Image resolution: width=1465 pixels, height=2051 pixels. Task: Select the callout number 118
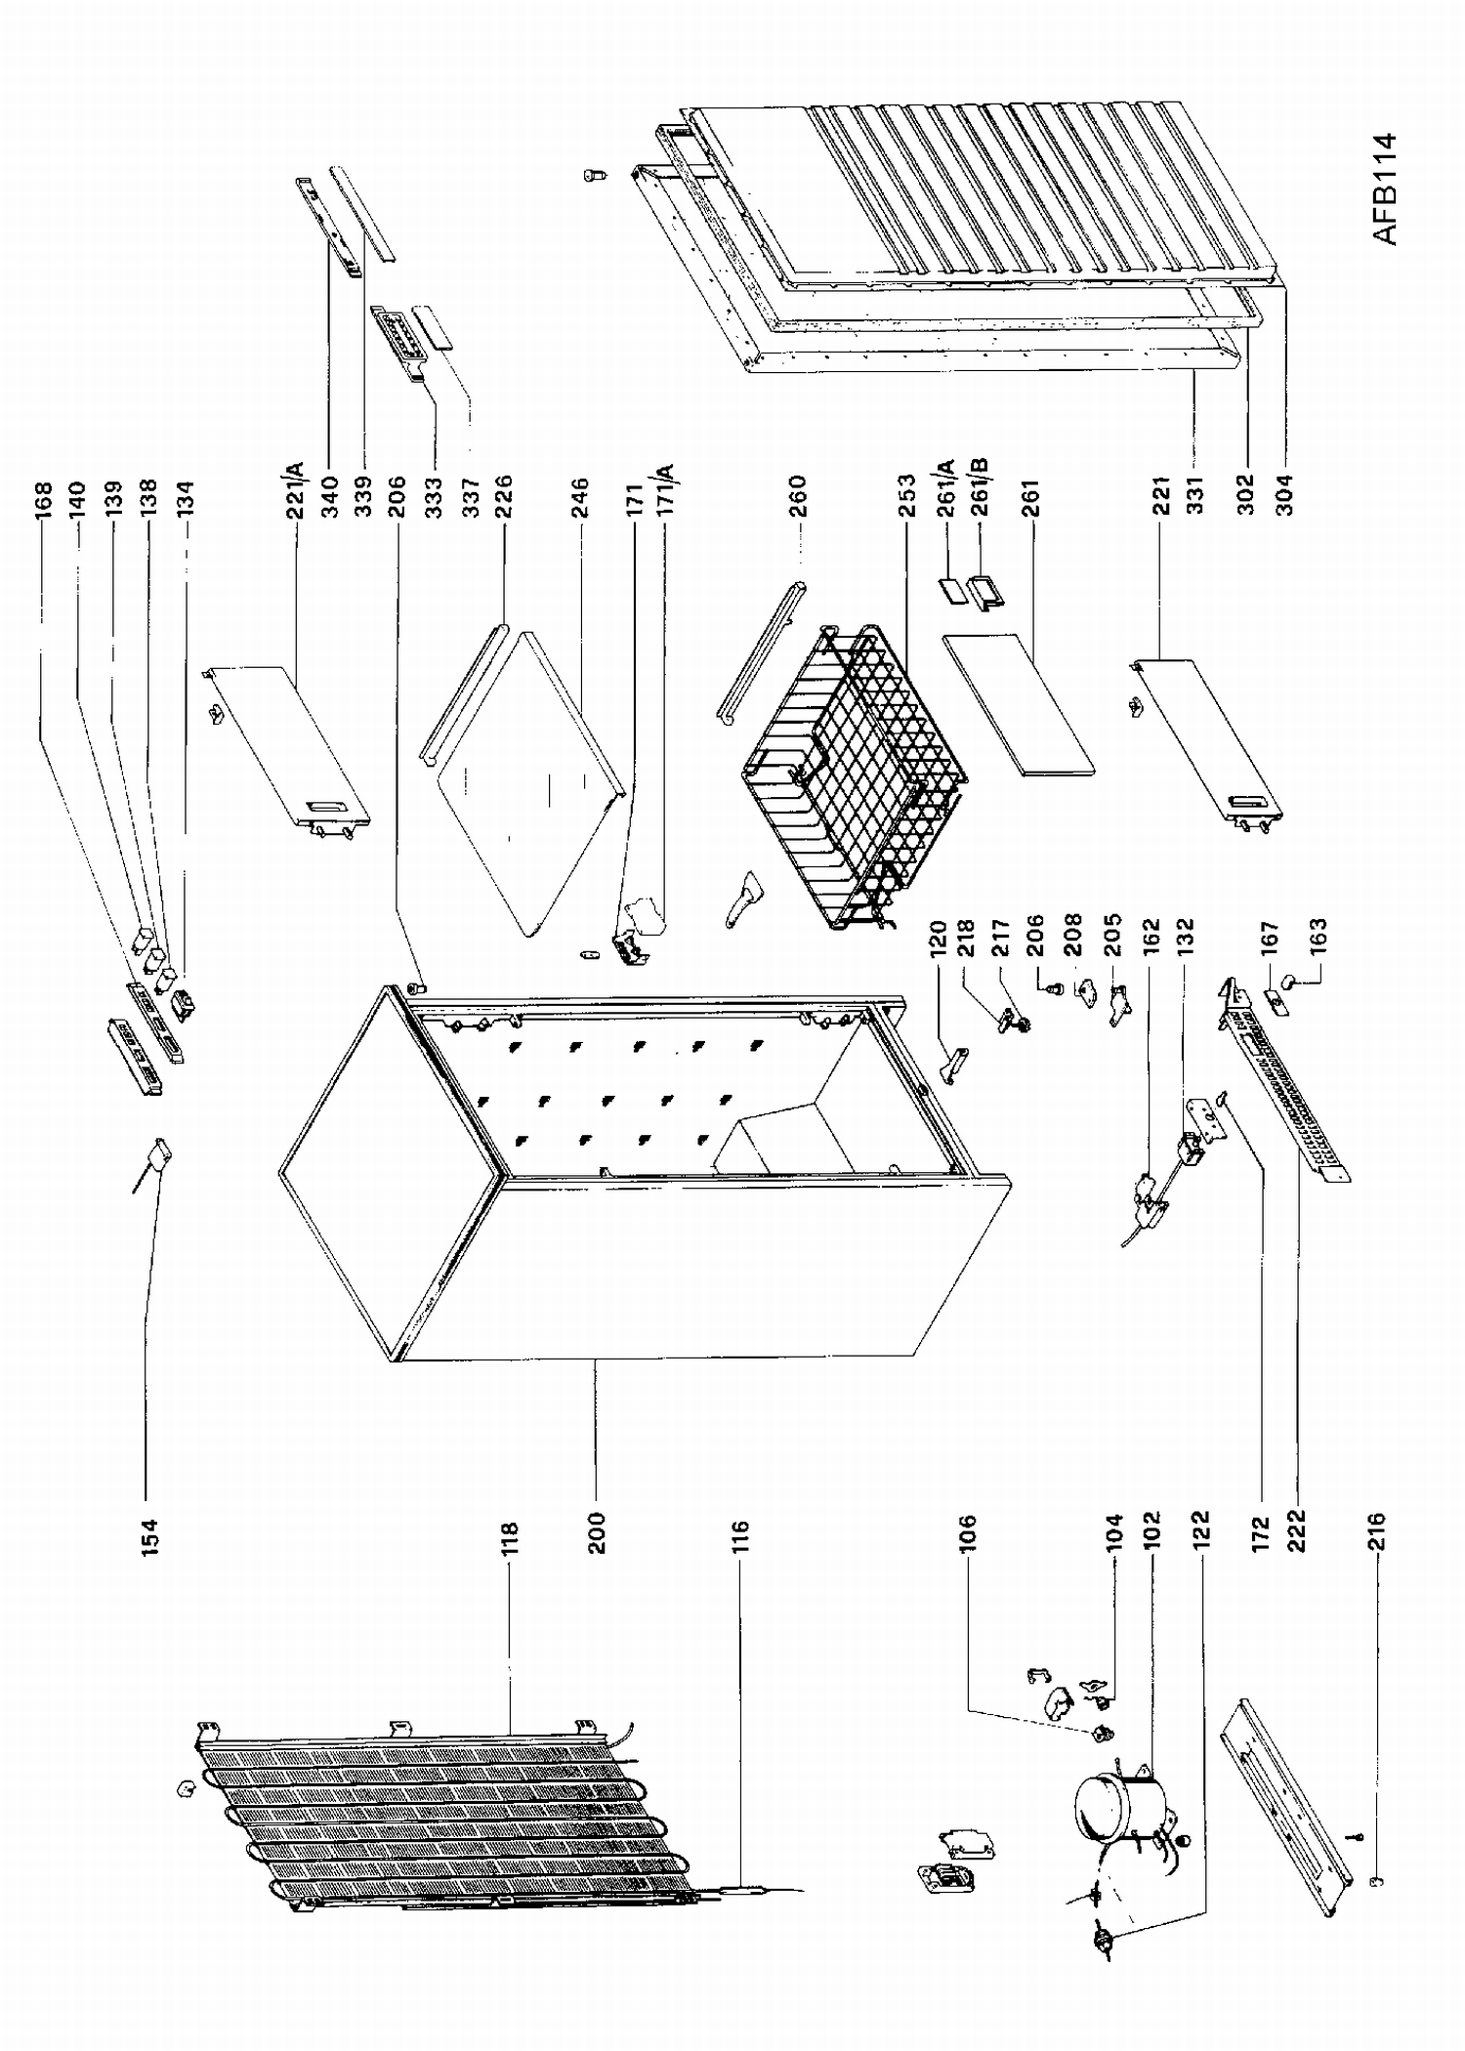pyautogui.click(x=509, y=1537)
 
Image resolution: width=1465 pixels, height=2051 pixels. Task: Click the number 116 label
pyautogui.click(x=739, y=1537)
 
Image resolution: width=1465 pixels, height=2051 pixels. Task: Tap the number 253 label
pyautogui.click(x=906, y=495)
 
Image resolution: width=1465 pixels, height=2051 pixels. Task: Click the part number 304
pyautogui.click(x=1284, y=495)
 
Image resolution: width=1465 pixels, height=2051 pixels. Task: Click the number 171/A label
pyautogui.click(x=670, y=488)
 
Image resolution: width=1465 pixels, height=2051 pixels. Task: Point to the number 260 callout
pyautogui.click(x=797, y=495)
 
